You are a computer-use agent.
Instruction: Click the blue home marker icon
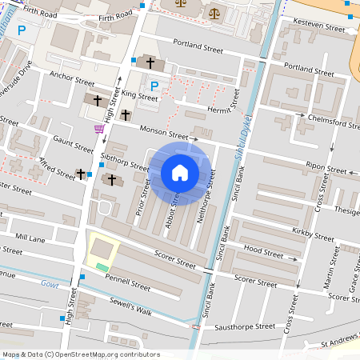(180, 173)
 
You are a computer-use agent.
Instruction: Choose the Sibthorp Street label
(125, 161)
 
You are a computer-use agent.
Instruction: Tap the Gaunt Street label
(74, 143)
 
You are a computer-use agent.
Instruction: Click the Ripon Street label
(325, 166)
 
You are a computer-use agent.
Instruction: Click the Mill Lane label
(30, 238)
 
